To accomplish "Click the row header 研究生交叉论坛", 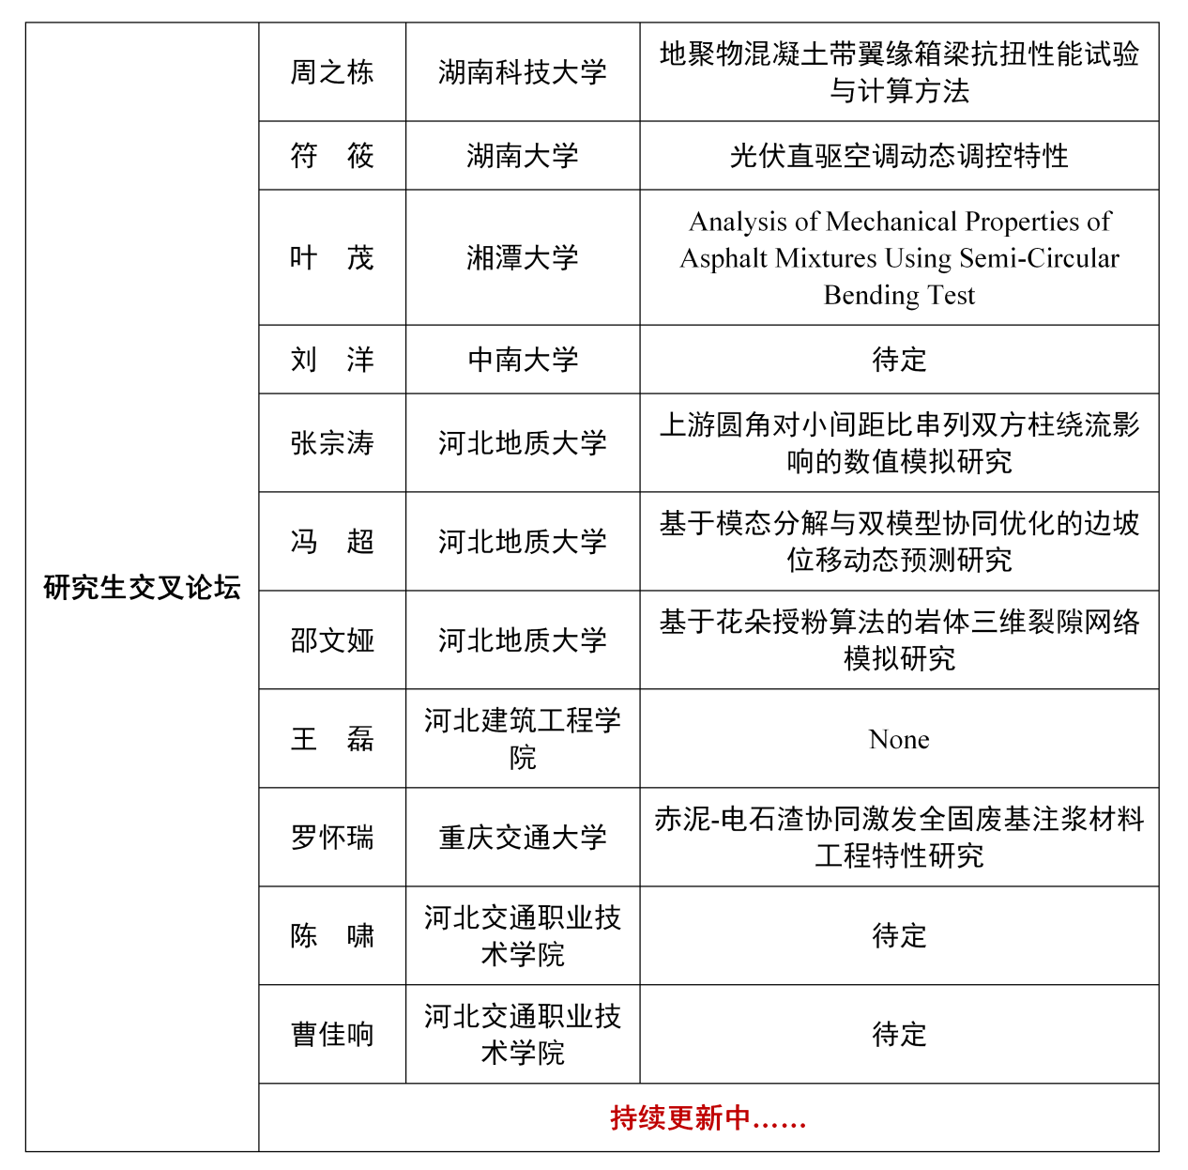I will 142,588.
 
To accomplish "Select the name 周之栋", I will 332,72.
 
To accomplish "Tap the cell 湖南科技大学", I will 523,72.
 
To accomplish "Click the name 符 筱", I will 332,156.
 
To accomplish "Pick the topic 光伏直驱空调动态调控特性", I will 899,156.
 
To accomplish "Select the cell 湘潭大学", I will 523,258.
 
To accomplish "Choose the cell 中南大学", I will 523,360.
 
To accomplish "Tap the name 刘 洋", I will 332,360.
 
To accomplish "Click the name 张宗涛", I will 332,443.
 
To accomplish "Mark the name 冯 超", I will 332,542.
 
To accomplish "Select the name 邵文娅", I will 332,640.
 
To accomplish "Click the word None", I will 899,740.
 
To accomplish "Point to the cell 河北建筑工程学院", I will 523,739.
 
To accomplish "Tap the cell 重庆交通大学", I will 523,838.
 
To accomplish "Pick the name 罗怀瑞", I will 332,838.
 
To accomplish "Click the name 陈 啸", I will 332,936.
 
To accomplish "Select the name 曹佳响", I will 332,1035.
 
